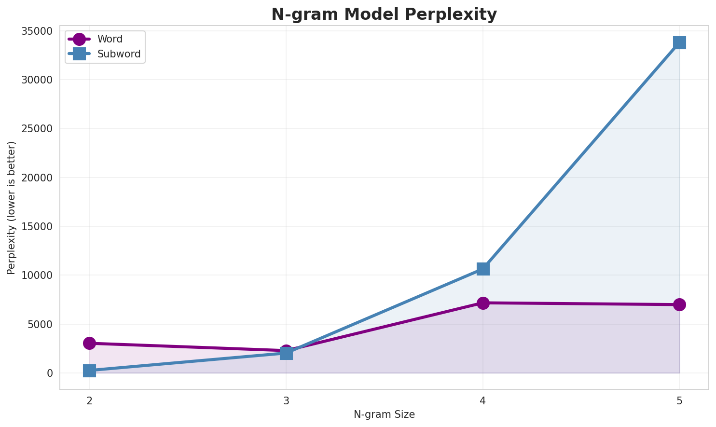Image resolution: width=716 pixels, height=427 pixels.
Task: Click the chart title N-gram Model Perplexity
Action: click(x=384, y=14)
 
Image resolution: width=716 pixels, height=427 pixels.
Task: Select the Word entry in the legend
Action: click(x=110, y=39)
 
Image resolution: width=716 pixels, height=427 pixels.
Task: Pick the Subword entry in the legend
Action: click(x=119, y=54)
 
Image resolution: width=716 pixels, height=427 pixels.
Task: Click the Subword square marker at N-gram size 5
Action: click(x=679, y=42)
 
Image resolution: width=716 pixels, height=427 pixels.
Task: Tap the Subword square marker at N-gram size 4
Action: click(x=483, y=269)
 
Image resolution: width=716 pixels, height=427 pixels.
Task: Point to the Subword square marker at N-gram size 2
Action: click(x=89, y=371)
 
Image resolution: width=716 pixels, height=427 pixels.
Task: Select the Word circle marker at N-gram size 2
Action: click(x=89, y=343)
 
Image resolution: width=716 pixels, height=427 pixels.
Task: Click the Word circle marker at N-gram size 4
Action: click(x=483, y=303)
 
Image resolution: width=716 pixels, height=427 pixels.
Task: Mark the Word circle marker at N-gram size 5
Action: click(x=679, y=304)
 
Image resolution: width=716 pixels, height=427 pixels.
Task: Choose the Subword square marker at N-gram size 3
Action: click(x=286, y=354)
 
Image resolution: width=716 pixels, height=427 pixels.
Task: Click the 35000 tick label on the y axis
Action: click(x=37, y=31)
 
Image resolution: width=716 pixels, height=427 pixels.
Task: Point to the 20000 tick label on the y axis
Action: click(x=37, y=178)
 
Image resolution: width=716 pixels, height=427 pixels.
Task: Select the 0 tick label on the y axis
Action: click(x=50, y=373)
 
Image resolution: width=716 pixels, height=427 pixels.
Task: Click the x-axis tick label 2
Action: click(x=89, y=400)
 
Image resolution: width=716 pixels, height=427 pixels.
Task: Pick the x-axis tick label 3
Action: click(x=286, y=400)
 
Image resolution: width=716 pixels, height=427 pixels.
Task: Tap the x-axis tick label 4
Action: click(x=483, y=400)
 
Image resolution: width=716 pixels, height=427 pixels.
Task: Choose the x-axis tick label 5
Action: click(x=679, y=400)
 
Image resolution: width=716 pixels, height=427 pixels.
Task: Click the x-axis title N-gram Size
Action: click(x=384, y=414)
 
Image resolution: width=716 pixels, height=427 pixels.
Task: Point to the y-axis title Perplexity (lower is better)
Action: click(x=12, y=207)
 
